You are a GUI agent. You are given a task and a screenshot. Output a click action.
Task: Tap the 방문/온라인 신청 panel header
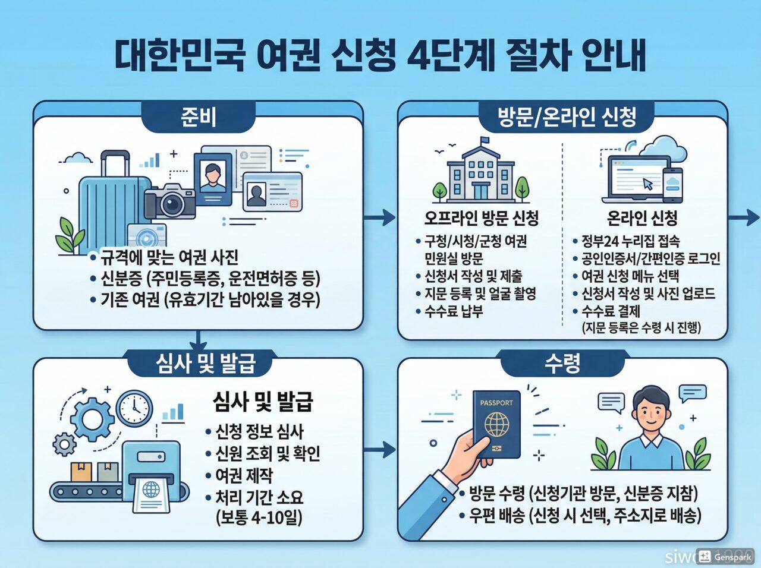click(x=566, y=117)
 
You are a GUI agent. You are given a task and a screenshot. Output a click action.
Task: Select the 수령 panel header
click(x=562, y=363)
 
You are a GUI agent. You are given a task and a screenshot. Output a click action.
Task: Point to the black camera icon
click(x=170, y=200)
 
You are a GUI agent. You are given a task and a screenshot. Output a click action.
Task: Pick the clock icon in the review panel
click(x=134, y=407)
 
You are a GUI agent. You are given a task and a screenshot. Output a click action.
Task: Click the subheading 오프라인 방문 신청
click(x=481, y=218)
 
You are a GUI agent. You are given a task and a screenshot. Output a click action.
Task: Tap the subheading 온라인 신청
click(x=641, y=218)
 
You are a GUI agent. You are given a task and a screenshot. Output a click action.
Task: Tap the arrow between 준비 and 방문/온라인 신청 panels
click(x=380, y=217)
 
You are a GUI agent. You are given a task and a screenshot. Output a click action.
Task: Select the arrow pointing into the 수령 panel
click(x=380, y=450)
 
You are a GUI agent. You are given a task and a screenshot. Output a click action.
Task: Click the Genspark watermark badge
click(x=725, y=557)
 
